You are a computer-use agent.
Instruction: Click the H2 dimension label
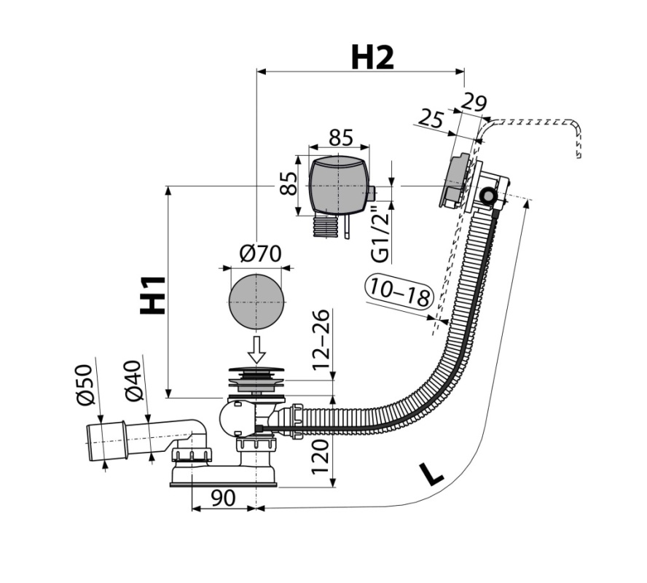pyautogui.click(x=372, y=58)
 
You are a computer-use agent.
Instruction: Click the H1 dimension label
pyautogui.click(x=153, y=295)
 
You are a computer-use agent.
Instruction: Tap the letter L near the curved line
pyautogui.click(x=431, y=474)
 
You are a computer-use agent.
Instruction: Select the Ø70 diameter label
pyautogui.click(x=260, y=254)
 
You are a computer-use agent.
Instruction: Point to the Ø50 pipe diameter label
pyautogui.click(x=86, y=385)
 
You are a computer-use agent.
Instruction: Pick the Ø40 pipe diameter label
pyautogui.click(x=134, y=380)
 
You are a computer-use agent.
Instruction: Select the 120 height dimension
pyautogui.click(x=321, y=456)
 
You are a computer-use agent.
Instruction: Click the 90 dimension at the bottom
pyautogui.click(x=223, y=498)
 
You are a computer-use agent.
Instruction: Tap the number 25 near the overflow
pyautogui.click(x=431, y=119)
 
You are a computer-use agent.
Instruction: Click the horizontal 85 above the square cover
pyautogui.click(x=341, y=138)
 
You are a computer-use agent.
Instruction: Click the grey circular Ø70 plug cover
pyautogui.click(x=256, y=301)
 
